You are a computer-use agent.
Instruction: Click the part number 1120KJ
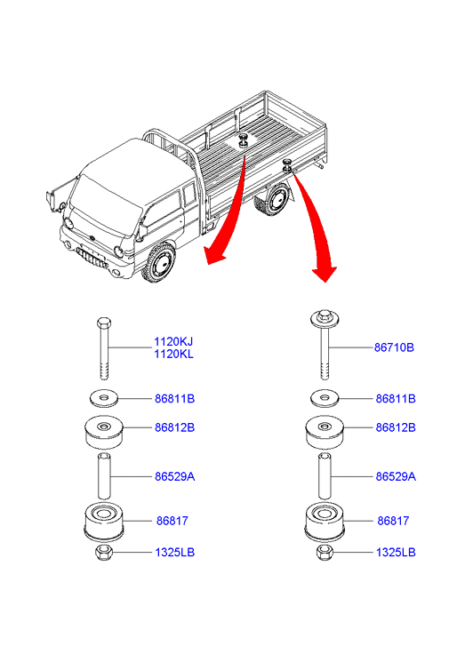(173, 341)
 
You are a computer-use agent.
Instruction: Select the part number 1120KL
(173, 354)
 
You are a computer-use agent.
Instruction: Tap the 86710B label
(394, 347)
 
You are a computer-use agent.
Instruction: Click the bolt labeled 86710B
(325, 344)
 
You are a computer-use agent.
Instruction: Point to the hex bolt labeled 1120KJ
(104, 348)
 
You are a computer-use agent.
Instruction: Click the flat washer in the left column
(104, 398)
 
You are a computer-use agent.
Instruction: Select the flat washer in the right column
(325, 398)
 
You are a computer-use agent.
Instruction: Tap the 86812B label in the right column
(396, 427)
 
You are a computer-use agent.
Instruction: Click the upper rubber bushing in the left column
(104, 432)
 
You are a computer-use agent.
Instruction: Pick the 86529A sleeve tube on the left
(104, 476)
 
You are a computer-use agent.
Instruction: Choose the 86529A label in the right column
(396, 476)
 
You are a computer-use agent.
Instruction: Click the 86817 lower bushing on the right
(325, 522)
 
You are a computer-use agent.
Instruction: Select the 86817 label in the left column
(172, 521)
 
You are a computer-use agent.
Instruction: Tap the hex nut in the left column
(104, 552)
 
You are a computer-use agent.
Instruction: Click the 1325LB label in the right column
(396, 553)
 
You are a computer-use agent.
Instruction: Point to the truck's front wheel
(159, 262)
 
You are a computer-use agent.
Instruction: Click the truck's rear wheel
(273, 200)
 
